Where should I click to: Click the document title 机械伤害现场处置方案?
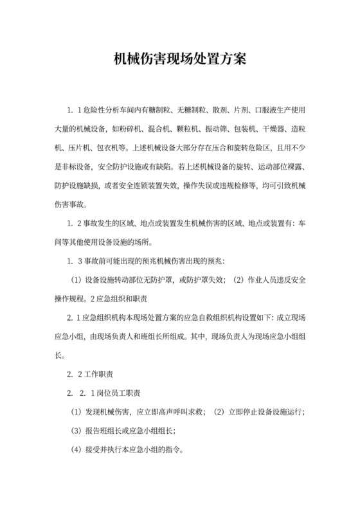180,59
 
